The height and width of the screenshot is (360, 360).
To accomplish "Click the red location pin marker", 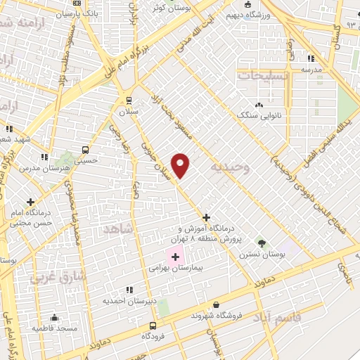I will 181,165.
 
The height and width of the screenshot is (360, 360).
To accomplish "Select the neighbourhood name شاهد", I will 117,230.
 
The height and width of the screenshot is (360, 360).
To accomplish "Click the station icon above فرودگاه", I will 153,326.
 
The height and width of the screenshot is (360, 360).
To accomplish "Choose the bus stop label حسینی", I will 86,160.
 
